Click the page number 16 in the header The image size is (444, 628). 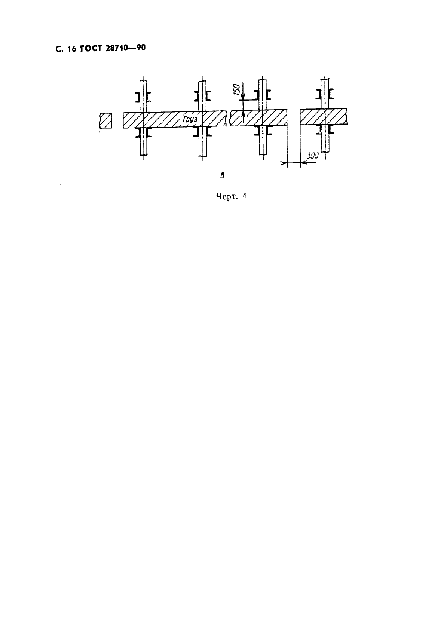72,49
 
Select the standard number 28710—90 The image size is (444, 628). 126,48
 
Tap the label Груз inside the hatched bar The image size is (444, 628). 190,119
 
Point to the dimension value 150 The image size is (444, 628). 237,89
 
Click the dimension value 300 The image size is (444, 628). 313,156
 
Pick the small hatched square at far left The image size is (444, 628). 106,120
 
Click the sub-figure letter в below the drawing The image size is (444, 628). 222,176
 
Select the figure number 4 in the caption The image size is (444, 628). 244,196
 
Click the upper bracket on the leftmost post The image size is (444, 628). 143,97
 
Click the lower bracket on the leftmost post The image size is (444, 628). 143,132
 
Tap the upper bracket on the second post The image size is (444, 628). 202,96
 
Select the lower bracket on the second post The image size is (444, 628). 202,131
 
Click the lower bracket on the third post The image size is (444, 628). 263,131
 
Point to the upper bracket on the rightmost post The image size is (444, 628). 325,94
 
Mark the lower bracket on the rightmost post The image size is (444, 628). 325,129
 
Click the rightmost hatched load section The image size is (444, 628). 324,116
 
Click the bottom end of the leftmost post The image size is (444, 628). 143,155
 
